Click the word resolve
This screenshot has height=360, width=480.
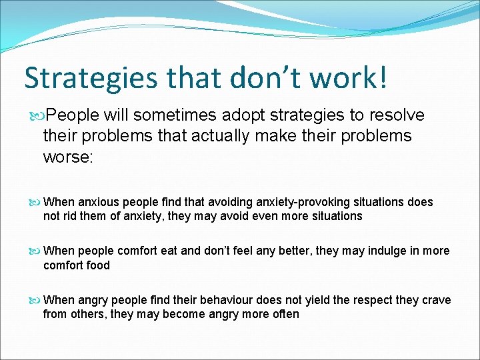pyautogui.click(x=399, y=115)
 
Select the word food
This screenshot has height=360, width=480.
pyautogui.click(x=97, y=265)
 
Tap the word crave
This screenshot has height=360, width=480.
pyautogui.click(x=436, y=301)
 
